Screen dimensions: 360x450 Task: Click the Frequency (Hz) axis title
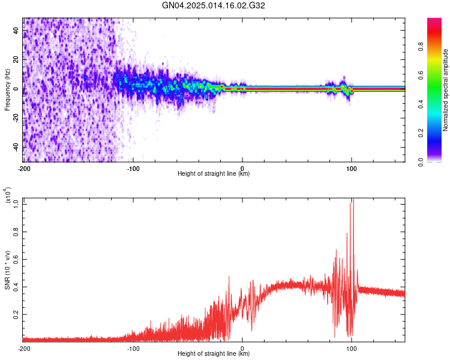point(7,89)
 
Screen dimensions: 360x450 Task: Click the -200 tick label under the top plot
point(24,167)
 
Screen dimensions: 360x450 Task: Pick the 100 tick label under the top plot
point(352,167)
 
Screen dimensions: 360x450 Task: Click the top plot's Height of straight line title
point(214,174)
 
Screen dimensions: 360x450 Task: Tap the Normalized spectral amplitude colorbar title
point(445,89)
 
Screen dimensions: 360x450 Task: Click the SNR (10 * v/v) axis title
point(7,269)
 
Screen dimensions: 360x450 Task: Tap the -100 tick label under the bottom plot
point(133,347)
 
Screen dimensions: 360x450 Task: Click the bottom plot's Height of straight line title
point(214,354)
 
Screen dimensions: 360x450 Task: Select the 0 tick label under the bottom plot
point(242,347)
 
